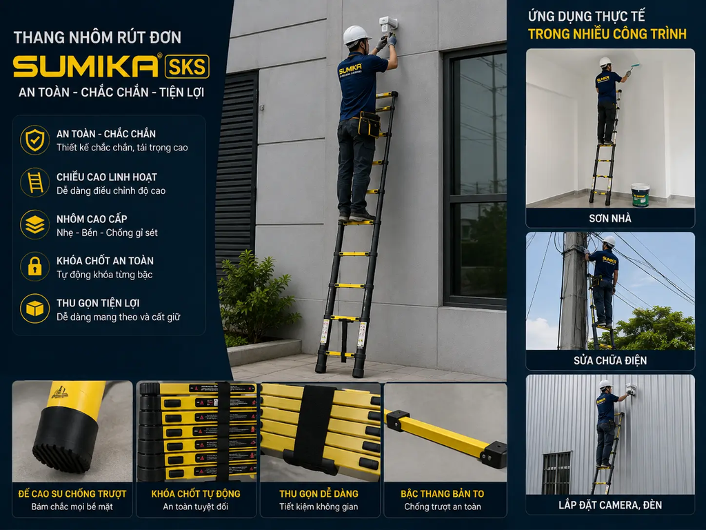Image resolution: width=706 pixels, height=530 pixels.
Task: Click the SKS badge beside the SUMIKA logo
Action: [x=187, y=67]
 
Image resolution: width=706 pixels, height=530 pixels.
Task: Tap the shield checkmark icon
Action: [x=34, y=140]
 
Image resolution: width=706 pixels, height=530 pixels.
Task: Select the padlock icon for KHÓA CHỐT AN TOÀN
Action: [x=34, y=266]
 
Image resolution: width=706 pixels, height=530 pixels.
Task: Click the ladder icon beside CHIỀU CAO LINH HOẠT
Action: [x=35, y=182]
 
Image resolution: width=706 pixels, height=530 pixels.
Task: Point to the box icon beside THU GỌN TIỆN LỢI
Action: [x=34, y=308]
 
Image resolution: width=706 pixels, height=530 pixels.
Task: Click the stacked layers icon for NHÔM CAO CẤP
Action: [x=34, y=224]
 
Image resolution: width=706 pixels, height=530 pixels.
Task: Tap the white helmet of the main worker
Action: [x=356, y=35]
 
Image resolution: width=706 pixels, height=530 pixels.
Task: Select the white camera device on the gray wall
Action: [x=387, y=26]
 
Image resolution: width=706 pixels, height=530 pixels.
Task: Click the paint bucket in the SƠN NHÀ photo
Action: [x=640, y=195]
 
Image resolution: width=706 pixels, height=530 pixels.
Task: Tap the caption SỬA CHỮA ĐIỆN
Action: [x=610, y=360]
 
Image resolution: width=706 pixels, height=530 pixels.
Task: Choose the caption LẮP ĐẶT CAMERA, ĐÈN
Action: [x=610, y=504]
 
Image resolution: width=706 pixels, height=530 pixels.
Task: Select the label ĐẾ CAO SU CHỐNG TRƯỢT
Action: [x=72, y=494]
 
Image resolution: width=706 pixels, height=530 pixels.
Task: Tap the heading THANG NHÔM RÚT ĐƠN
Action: [x=97, y=37]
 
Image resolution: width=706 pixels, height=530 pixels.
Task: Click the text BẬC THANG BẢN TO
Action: [x=442, y=494]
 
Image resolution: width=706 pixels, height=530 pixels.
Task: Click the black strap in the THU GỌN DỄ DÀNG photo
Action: [x=314, y=428]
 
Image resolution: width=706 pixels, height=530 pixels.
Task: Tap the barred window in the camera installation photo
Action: [x=556, y=473]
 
